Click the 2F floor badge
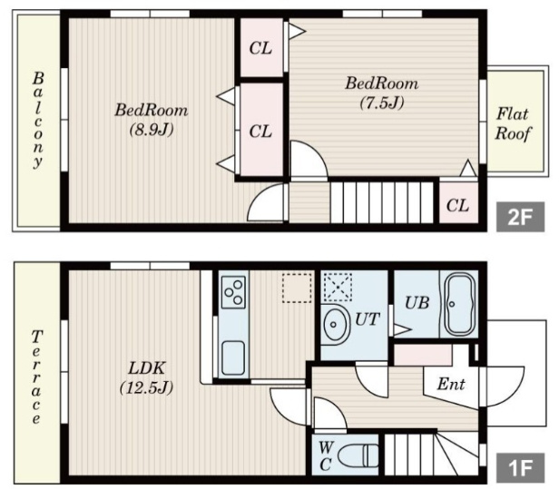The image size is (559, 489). pos(521,217)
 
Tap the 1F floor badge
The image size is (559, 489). pos(521,467)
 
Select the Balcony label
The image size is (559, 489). pos(38,120)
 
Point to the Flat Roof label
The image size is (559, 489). pos(513,123)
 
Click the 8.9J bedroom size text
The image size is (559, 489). pos(152,130)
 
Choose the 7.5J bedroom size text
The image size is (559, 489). pos(382,103)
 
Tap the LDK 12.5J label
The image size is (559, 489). pos(147,377)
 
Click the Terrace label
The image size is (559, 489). pos(36,377)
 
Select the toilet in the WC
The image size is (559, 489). pos(358,455)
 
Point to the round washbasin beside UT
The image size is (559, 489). pos(335,325)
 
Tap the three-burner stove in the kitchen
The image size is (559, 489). pos(233,292)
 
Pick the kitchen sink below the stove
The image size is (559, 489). pos(233,357)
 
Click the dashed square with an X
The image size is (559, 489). pos(338,287)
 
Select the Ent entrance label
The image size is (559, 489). pos(451,384)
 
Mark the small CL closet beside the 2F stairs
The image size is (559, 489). pos(458,202)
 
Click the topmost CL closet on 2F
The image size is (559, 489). pos(261,47)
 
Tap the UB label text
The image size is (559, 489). pos(417,303)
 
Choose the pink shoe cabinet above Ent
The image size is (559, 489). pos(423,355)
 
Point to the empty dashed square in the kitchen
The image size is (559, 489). pos(297,288)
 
